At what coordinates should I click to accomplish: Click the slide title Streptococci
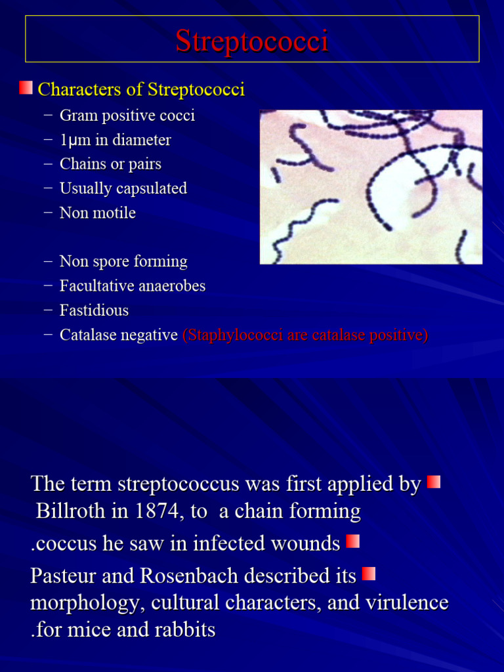[251, 41]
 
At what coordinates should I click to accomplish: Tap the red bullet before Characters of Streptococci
[26, 88]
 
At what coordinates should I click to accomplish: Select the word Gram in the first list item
[77, 115]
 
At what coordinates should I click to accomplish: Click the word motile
[114, 213]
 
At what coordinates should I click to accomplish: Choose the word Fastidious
[94, 310]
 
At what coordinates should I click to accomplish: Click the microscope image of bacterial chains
[371, 187]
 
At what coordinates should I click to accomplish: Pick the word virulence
[401, 602]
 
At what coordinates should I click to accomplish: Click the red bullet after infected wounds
[353, 541]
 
